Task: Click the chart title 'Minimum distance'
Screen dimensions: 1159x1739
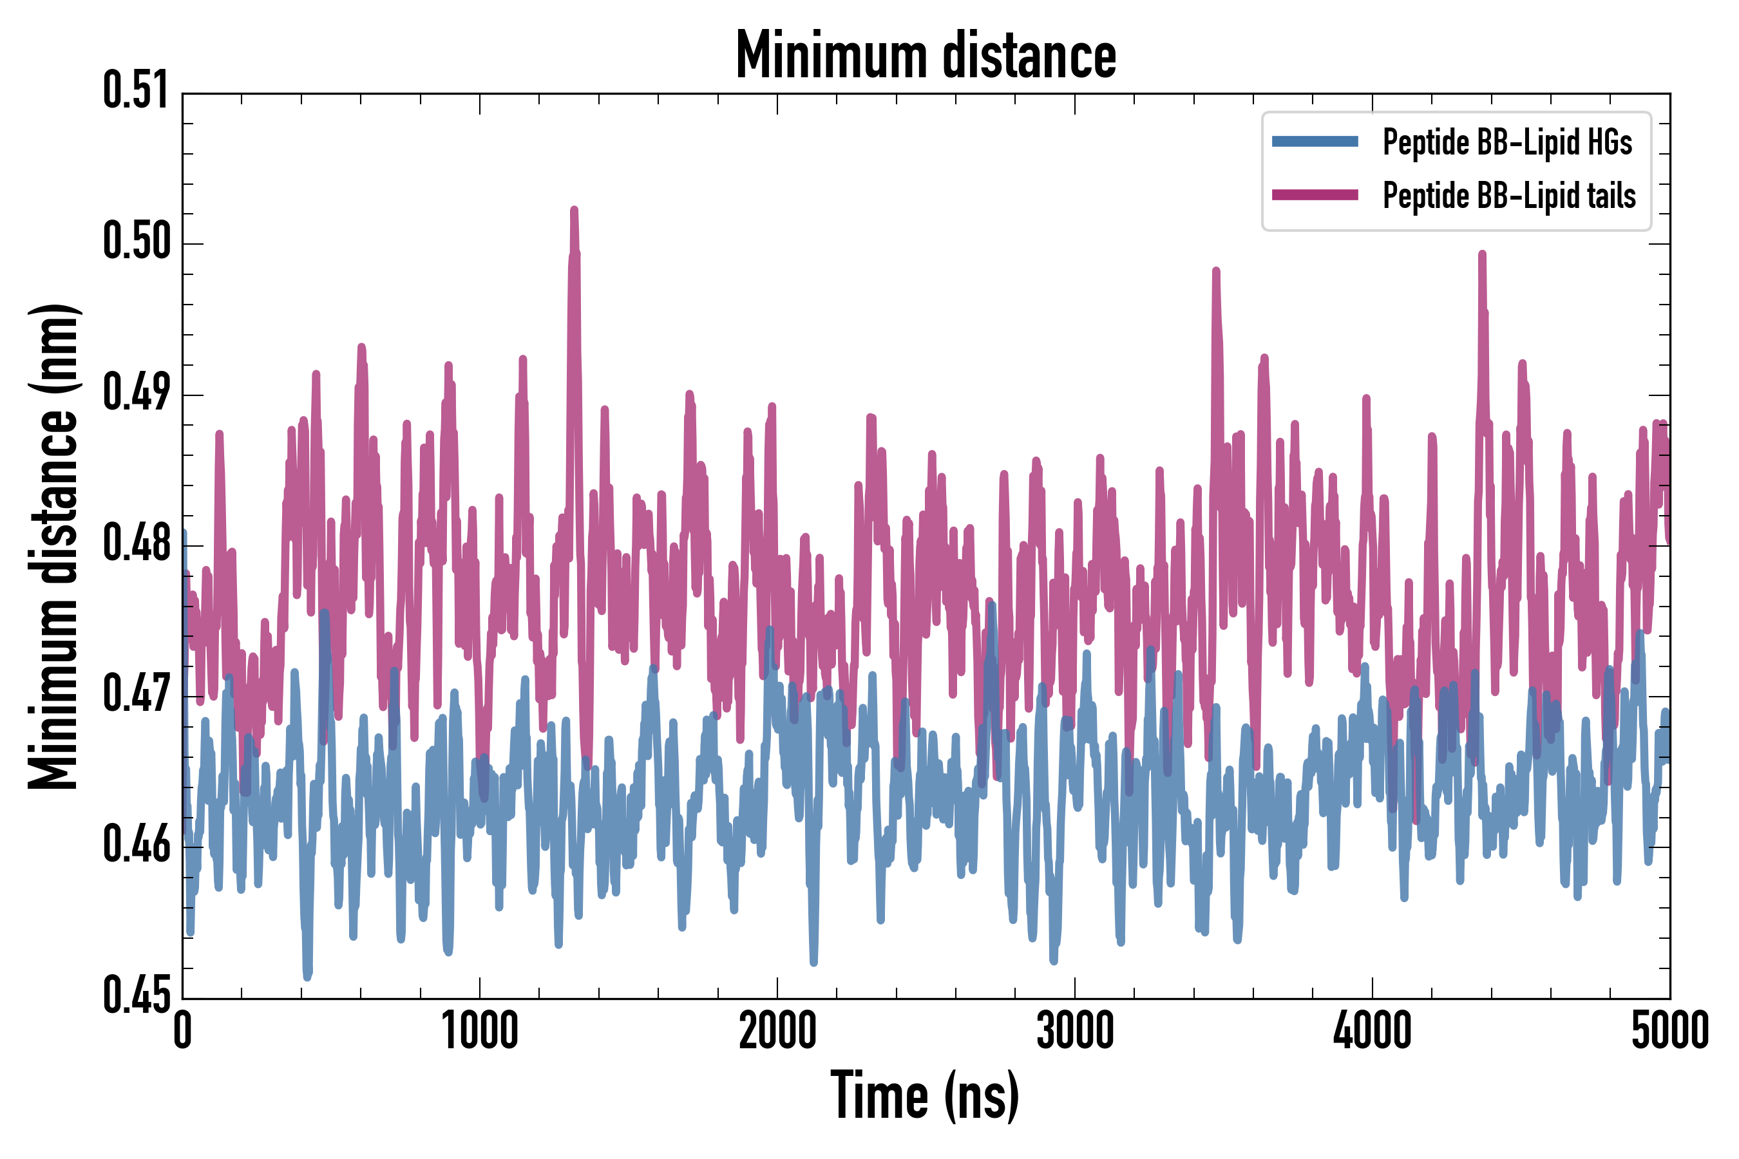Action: click(x=926, y=55)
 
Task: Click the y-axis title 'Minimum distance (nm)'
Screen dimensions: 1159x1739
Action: click(x=53, y=547)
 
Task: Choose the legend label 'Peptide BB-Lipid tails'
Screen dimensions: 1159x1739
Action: click(x=1509, y=196)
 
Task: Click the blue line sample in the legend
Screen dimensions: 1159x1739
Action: click(x=1315, y=142)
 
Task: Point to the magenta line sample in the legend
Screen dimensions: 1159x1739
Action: click(x=1315, y=195)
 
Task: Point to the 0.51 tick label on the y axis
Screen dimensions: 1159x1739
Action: click(x=136, y=91)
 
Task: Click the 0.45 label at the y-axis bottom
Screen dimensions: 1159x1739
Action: click(x=136, y=995)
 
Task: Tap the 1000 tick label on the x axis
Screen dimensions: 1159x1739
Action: click(x=480, y=1031)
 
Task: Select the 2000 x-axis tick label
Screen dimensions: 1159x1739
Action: click(x=777, y=1031)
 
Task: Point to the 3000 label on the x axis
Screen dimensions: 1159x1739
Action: click(x=1074, y=1031)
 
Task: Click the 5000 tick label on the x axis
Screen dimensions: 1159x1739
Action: click(x=1669, y=1031)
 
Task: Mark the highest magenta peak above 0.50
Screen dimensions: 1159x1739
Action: click(x=574, y=211)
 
